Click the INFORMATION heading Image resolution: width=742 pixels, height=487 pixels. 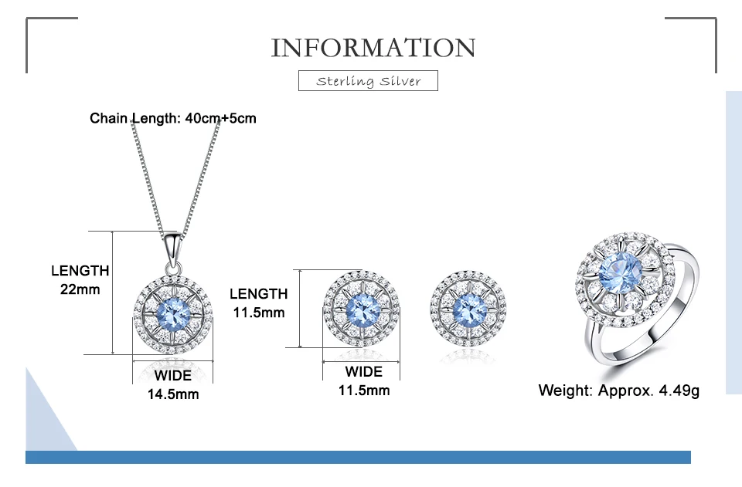point(373,48)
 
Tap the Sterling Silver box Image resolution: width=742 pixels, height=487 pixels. point(369,81)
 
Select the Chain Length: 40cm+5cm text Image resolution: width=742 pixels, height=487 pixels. point(173,118)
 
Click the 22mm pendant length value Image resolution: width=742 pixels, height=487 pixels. point(80,290)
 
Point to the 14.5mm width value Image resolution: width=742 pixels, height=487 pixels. point(173,394)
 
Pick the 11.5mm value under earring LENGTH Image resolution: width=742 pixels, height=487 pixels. point(258,313)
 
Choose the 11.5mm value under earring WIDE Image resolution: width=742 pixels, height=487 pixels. point(364,391)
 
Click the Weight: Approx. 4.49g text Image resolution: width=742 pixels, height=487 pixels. point(618,391)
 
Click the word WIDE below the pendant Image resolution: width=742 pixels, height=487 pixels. point(173,376)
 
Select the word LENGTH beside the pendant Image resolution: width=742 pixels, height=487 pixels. point(80,271)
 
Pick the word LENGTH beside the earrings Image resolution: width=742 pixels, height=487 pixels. point(258,293)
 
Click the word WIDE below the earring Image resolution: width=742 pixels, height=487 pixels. point(363,371)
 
